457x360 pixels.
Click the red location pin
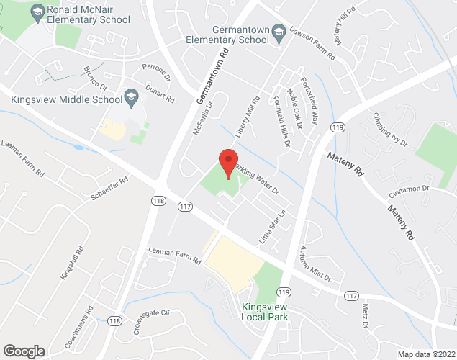[x=228, y=163]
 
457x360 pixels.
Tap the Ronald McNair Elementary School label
[x=88, y=15]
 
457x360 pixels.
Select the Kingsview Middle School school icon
[x=131, y=96]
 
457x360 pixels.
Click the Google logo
[x=24, y=351]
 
